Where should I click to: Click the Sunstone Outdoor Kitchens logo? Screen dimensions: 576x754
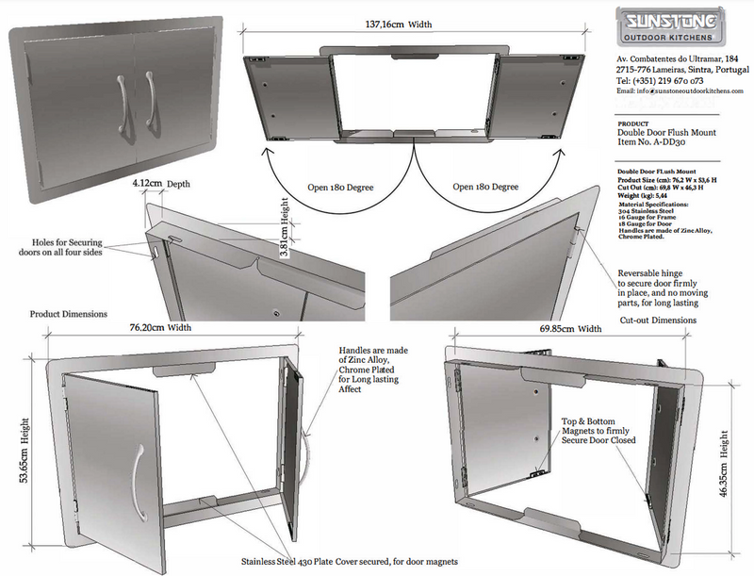[671, 25]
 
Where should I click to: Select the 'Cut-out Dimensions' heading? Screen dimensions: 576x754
[658, 321]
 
